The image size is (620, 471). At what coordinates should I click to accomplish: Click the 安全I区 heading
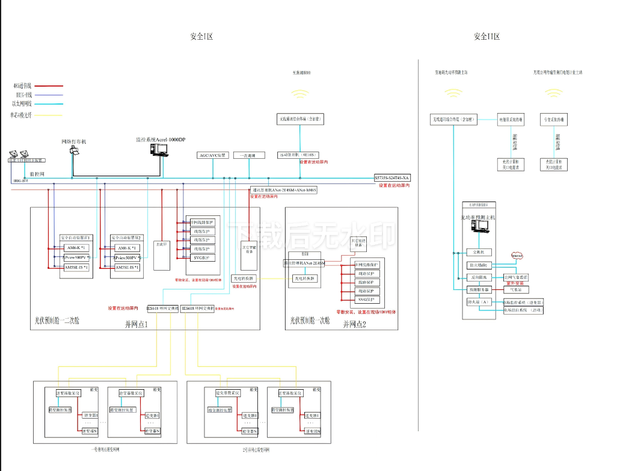pos(201,37)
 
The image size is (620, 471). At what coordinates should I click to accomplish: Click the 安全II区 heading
pos(486,37)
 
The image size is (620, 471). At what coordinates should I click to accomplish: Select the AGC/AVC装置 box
pos(212,155)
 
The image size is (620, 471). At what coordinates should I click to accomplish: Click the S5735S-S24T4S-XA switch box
pos(391,178)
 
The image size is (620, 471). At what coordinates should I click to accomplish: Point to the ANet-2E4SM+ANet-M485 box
pos(284,190)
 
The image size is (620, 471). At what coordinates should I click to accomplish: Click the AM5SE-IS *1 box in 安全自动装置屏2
pos(127,268)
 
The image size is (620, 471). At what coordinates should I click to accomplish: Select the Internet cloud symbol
pos(517,256)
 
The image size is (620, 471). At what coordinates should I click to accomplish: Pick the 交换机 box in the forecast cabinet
pos(480,252)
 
